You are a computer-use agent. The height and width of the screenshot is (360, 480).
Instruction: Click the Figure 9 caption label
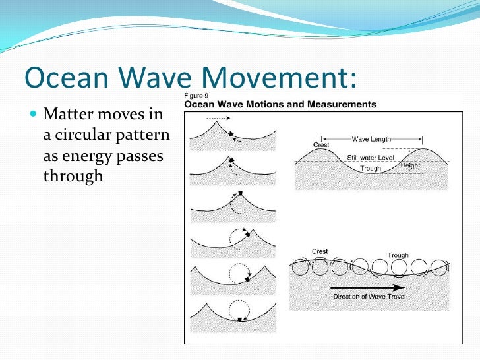[x=197, y=95]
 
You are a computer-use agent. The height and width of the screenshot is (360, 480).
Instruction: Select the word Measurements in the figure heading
[x=340, y=104]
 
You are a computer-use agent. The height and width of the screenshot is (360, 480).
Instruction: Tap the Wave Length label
[x=371, y=139]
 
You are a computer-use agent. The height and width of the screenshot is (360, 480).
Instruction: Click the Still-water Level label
[x=371, y=157]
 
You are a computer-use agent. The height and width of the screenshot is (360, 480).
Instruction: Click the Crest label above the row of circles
[x=320, y=251]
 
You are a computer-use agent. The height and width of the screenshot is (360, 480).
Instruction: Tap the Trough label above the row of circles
[x=399, y=255]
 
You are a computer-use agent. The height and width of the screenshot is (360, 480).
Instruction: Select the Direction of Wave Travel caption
[x=369, y=297]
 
